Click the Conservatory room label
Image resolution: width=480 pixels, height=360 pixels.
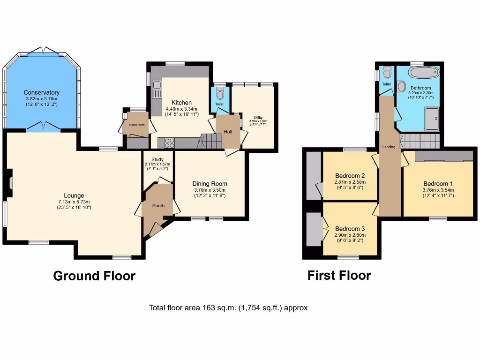pyautogui.click(x=42, y=92)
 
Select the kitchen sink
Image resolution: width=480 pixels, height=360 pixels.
pyautogui.click(x=157, y=88)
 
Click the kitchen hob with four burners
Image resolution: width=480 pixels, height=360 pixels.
pyautogui.click(x=169, y=143)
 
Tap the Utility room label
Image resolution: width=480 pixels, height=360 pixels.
pyautogui.click(x=258, y=118)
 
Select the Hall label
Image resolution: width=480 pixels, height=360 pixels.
pyautogui.click(x=228, y=132)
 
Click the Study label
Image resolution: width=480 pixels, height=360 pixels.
pyautogui.click(x=157, y=158)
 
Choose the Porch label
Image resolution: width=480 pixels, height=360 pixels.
pyautogui.click(x=158, y=205)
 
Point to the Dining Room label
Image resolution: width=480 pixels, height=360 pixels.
pyautogui.click(x=210, y=184)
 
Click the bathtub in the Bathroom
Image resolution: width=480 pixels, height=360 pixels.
pyautogui.click(x=423, y=73)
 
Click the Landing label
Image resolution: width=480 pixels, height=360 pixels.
pyautogui.click(x=389, y=147)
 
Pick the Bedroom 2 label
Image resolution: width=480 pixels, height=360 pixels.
pyautogui.click(x=350, y=176)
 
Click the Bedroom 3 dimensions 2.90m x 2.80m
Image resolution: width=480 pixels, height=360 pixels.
pyautogui.click(x=350, y=235)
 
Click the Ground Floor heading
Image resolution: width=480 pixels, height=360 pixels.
pyautogui.click(x=94, y=276)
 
